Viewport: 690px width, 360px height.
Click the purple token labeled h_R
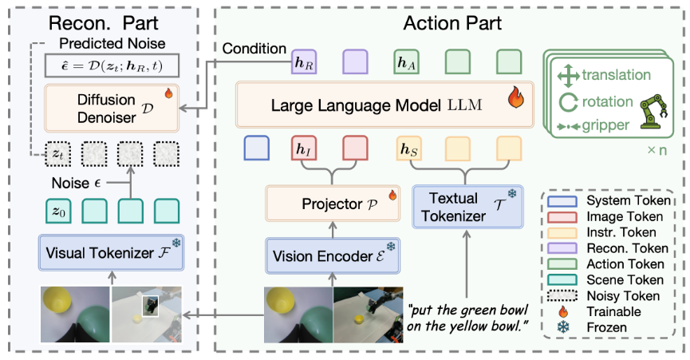(304, 62)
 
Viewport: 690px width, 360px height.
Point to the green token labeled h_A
(408, 62)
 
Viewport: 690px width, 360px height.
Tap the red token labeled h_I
(304, 149)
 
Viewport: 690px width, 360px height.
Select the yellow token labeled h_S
(408, 149)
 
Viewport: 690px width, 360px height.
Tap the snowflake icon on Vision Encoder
(390, 248)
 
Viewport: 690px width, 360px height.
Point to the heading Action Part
(451, 23)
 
